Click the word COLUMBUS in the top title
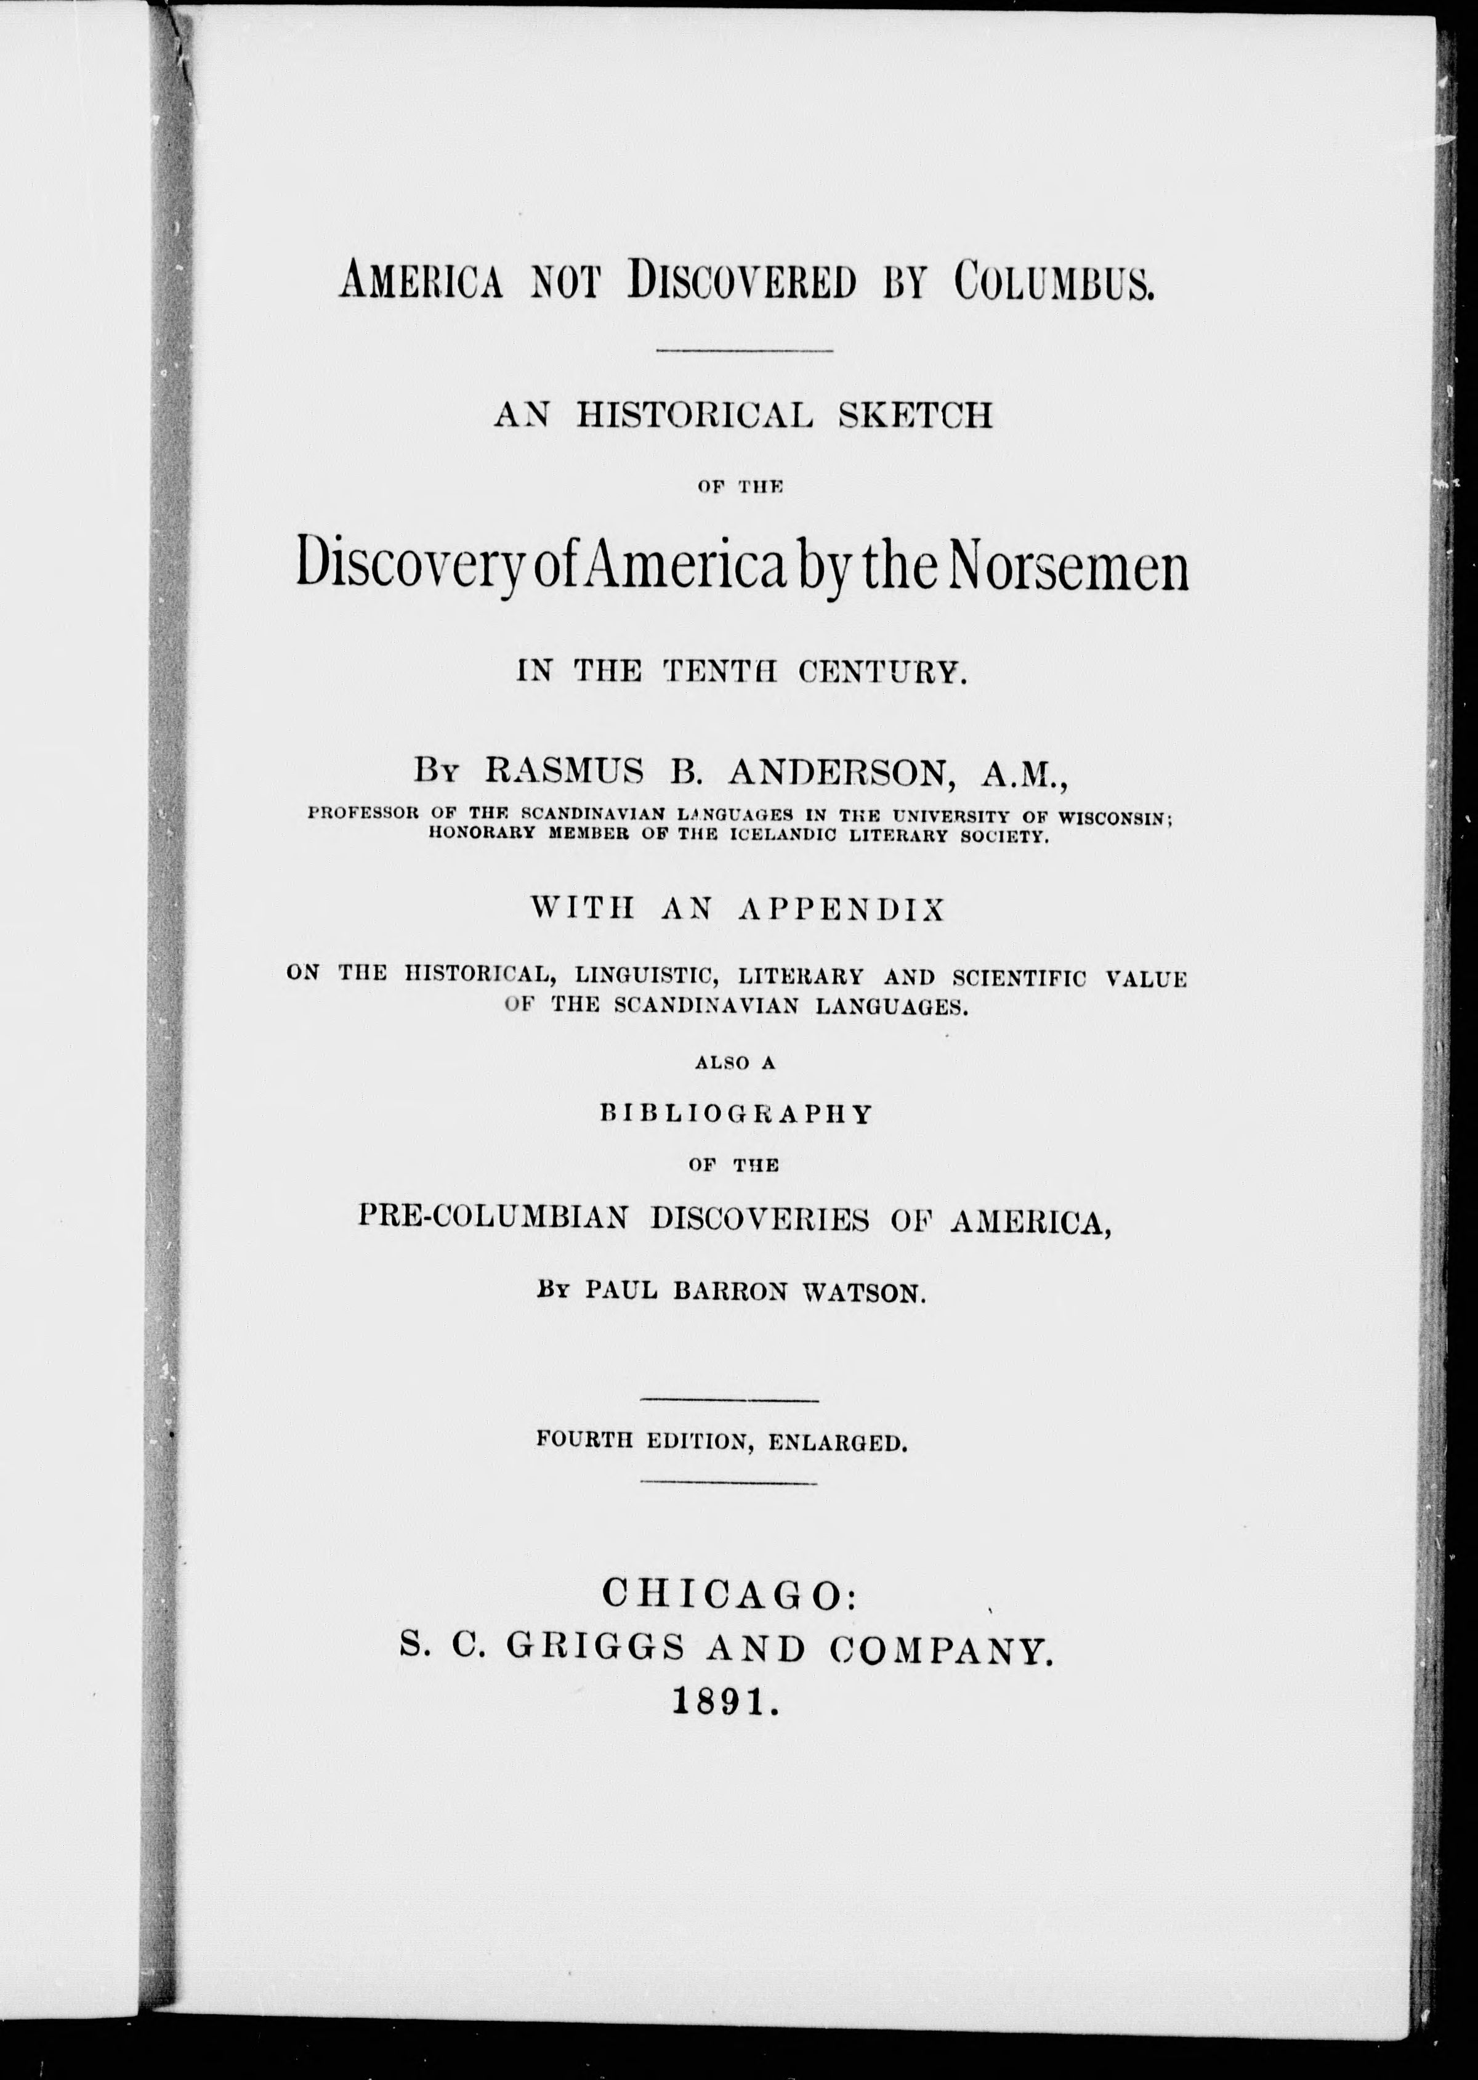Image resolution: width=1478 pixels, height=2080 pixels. pyautogui.click(x=1054, y=282)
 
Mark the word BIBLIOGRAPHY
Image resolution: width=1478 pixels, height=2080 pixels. pyautogui.click(x=737, y=1114)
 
